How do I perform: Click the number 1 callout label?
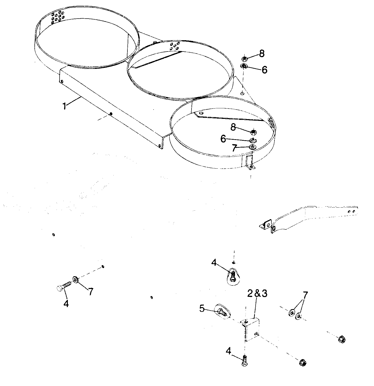coord(65,106)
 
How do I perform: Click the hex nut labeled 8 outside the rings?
coord(244,59)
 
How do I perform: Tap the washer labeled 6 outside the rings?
coord(244,66)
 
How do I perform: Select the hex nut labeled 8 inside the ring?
coord(254,131)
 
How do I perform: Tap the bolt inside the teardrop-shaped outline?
coord(233,276)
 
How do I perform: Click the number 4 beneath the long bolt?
coord(66,304)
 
